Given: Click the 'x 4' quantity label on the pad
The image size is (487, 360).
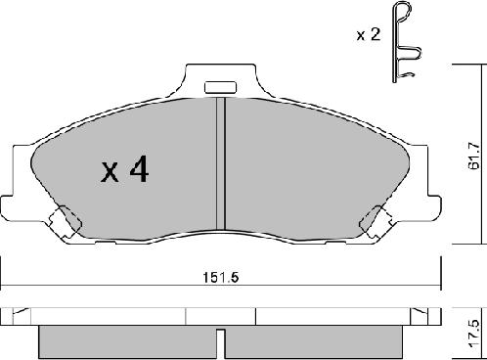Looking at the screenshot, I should pos(124,172).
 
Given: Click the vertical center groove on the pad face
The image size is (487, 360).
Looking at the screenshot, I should pos(221,161).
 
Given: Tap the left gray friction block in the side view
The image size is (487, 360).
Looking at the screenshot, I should pos(125,340).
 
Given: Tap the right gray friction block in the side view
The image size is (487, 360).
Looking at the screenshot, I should pos(313,340).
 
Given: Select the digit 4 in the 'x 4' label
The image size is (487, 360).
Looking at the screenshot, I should pos(139,172).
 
